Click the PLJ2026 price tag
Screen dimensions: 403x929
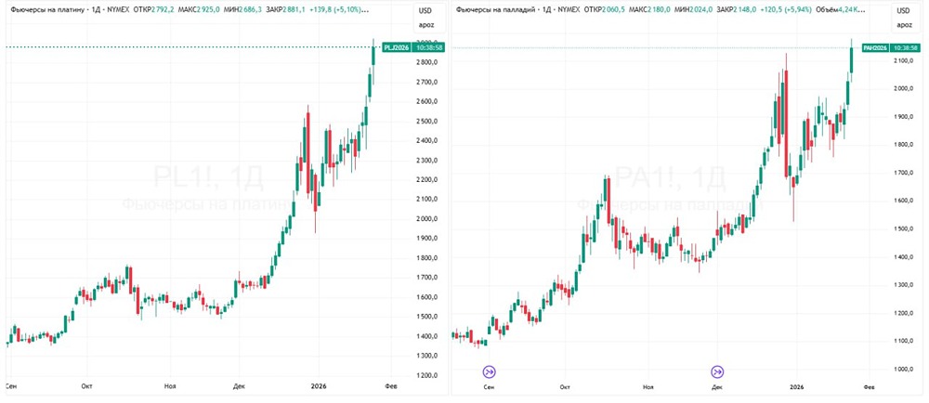(x=395, y=46)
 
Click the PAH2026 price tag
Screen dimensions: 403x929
(x=875, y=47)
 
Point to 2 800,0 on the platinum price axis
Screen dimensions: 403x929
(x=426, y=62)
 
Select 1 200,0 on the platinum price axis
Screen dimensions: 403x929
(x=426, y=375)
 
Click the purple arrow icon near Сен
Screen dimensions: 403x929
(x=489, y=371)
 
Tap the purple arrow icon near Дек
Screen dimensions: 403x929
(x=716, y=371)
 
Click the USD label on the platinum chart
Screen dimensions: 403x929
(x=426, y=10)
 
